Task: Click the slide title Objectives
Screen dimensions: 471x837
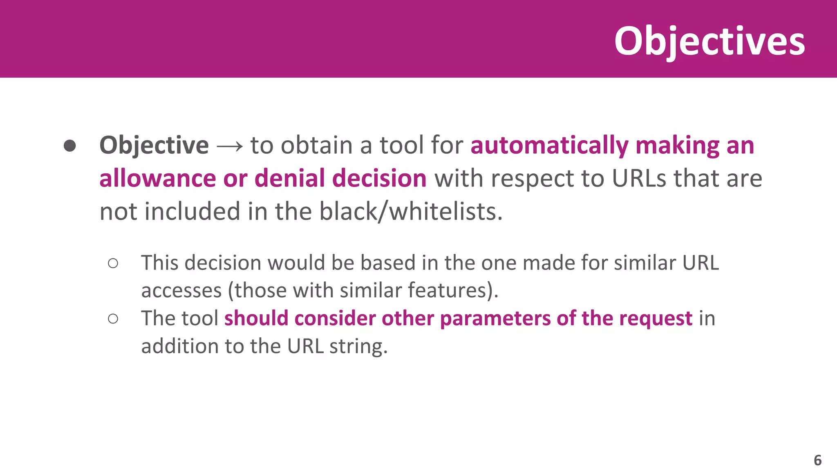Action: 709,41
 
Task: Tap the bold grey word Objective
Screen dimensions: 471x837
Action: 154,145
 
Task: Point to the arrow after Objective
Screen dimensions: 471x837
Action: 229,146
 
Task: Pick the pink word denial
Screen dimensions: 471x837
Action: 290,178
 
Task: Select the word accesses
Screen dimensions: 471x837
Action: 181,290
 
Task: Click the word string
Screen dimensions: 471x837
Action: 358,346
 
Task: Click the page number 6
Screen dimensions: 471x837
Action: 817,460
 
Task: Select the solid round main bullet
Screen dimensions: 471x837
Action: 70,146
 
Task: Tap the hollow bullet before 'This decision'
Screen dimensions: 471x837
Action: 113,263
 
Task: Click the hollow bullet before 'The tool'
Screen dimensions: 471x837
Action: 113,318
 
